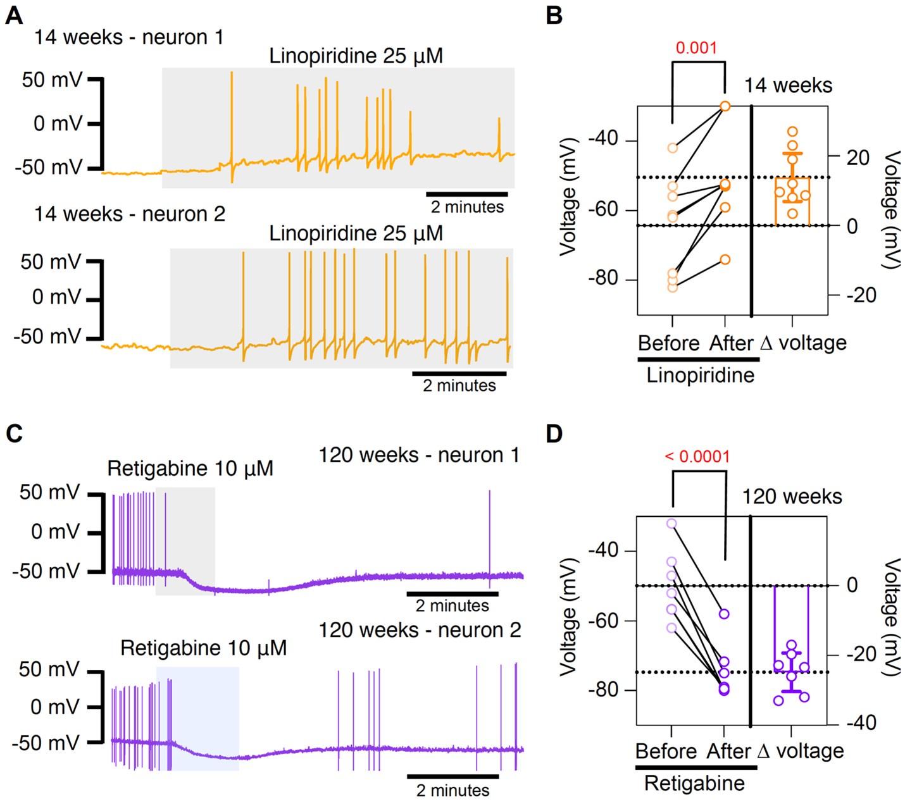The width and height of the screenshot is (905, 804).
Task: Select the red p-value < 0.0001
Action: tap(697, 456)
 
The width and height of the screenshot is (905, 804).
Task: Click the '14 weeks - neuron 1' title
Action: tap(128, 38)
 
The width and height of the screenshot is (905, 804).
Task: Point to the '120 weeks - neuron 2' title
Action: tap(420, 630)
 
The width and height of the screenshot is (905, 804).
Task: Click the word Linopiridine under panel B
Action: tap(700, 375)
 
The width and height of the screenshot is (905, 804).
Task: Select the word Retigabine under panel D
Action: tap(694, 784)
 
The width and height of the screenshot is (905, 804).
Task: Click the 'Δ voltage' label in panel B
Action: tap(802, 343)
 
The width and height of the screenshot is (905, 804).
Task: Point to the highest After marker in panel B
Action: tap(725, 106)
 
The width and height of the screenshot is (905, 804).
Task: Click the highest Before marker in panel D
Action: tap(671, 524)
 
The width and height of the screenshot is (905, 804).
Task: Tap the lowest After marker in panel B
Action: tap(725, 259)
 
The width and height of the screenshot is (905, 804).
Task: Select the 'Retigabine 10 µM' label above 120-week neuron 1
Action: tap(190, 469)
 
